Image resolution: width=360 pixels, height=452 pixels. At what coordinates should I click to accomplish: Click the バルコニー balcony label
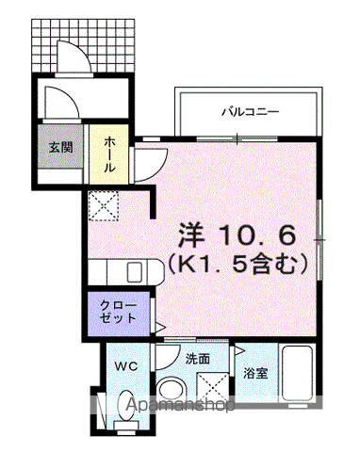point(250,111)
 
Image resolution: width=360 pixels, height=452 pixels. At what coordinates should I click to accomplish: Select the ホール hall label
point(111,153)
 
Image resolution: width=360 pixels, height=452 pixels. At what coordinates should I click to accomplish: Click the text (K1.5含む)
point(239,265)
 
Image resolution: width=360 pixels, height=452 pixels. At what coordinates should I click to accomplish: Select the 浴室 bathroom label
point(256,373)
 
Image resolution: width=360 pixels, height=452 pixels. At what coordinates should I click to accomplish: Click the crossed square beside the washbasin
point(212,382)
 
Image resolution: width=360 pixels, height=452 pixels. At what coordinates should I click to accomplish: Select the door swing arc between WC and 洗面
point(167,359)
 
